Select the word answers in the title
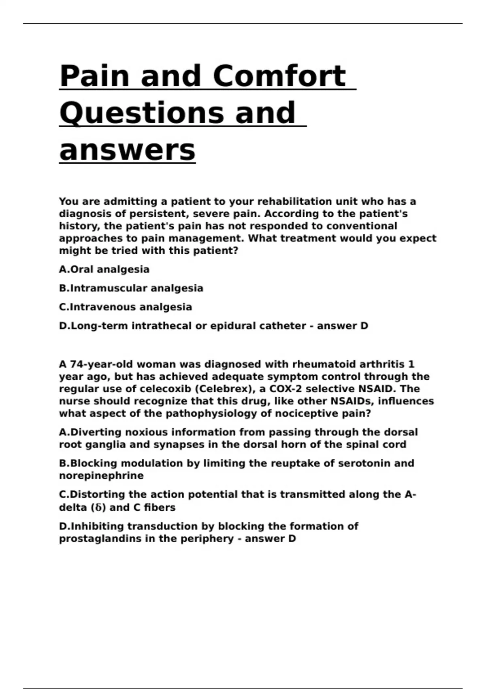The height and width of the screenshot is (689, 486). [127, 150]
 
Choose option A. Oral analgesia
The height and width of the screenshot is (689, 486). [104, 270]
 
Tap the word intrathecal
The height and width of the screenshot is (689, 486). [162, 326]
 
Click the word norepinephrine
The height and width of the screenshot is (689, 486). [101, 475]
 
